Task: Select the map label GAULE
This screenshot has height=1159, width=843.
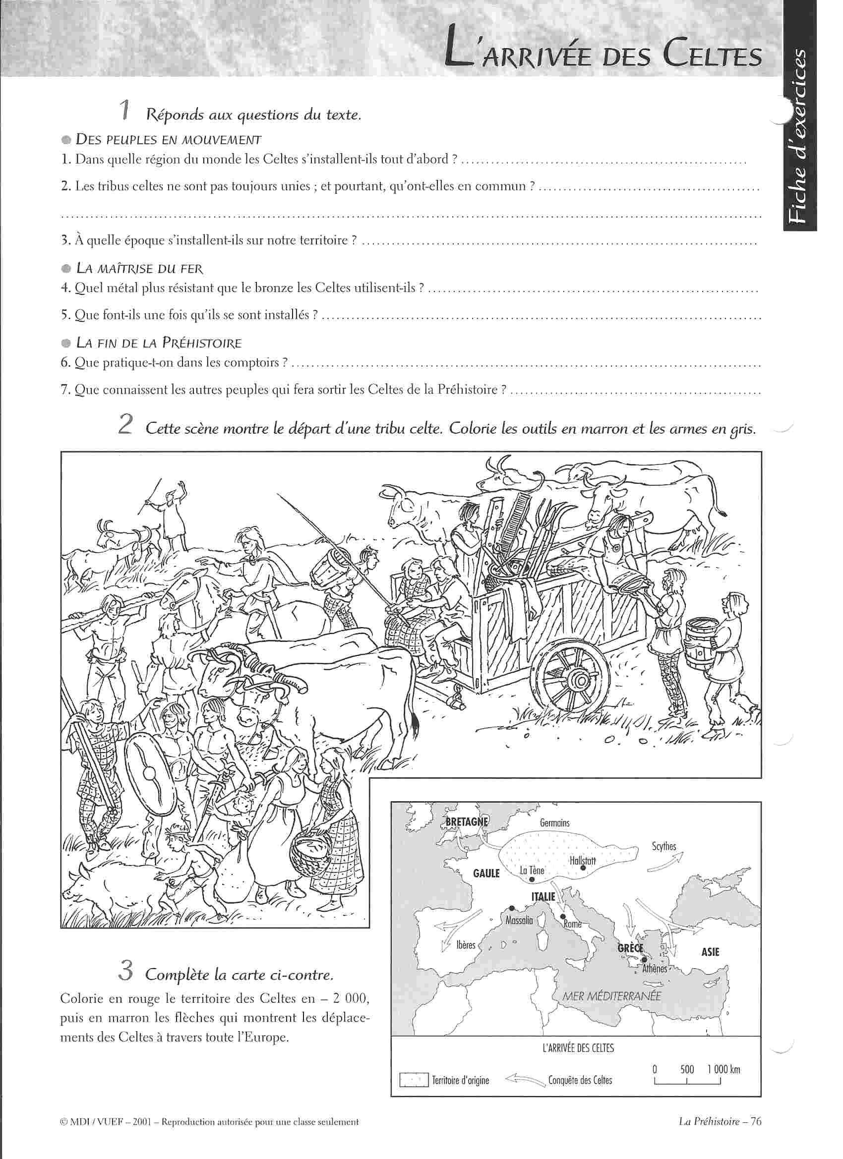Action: coord(486,873)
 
